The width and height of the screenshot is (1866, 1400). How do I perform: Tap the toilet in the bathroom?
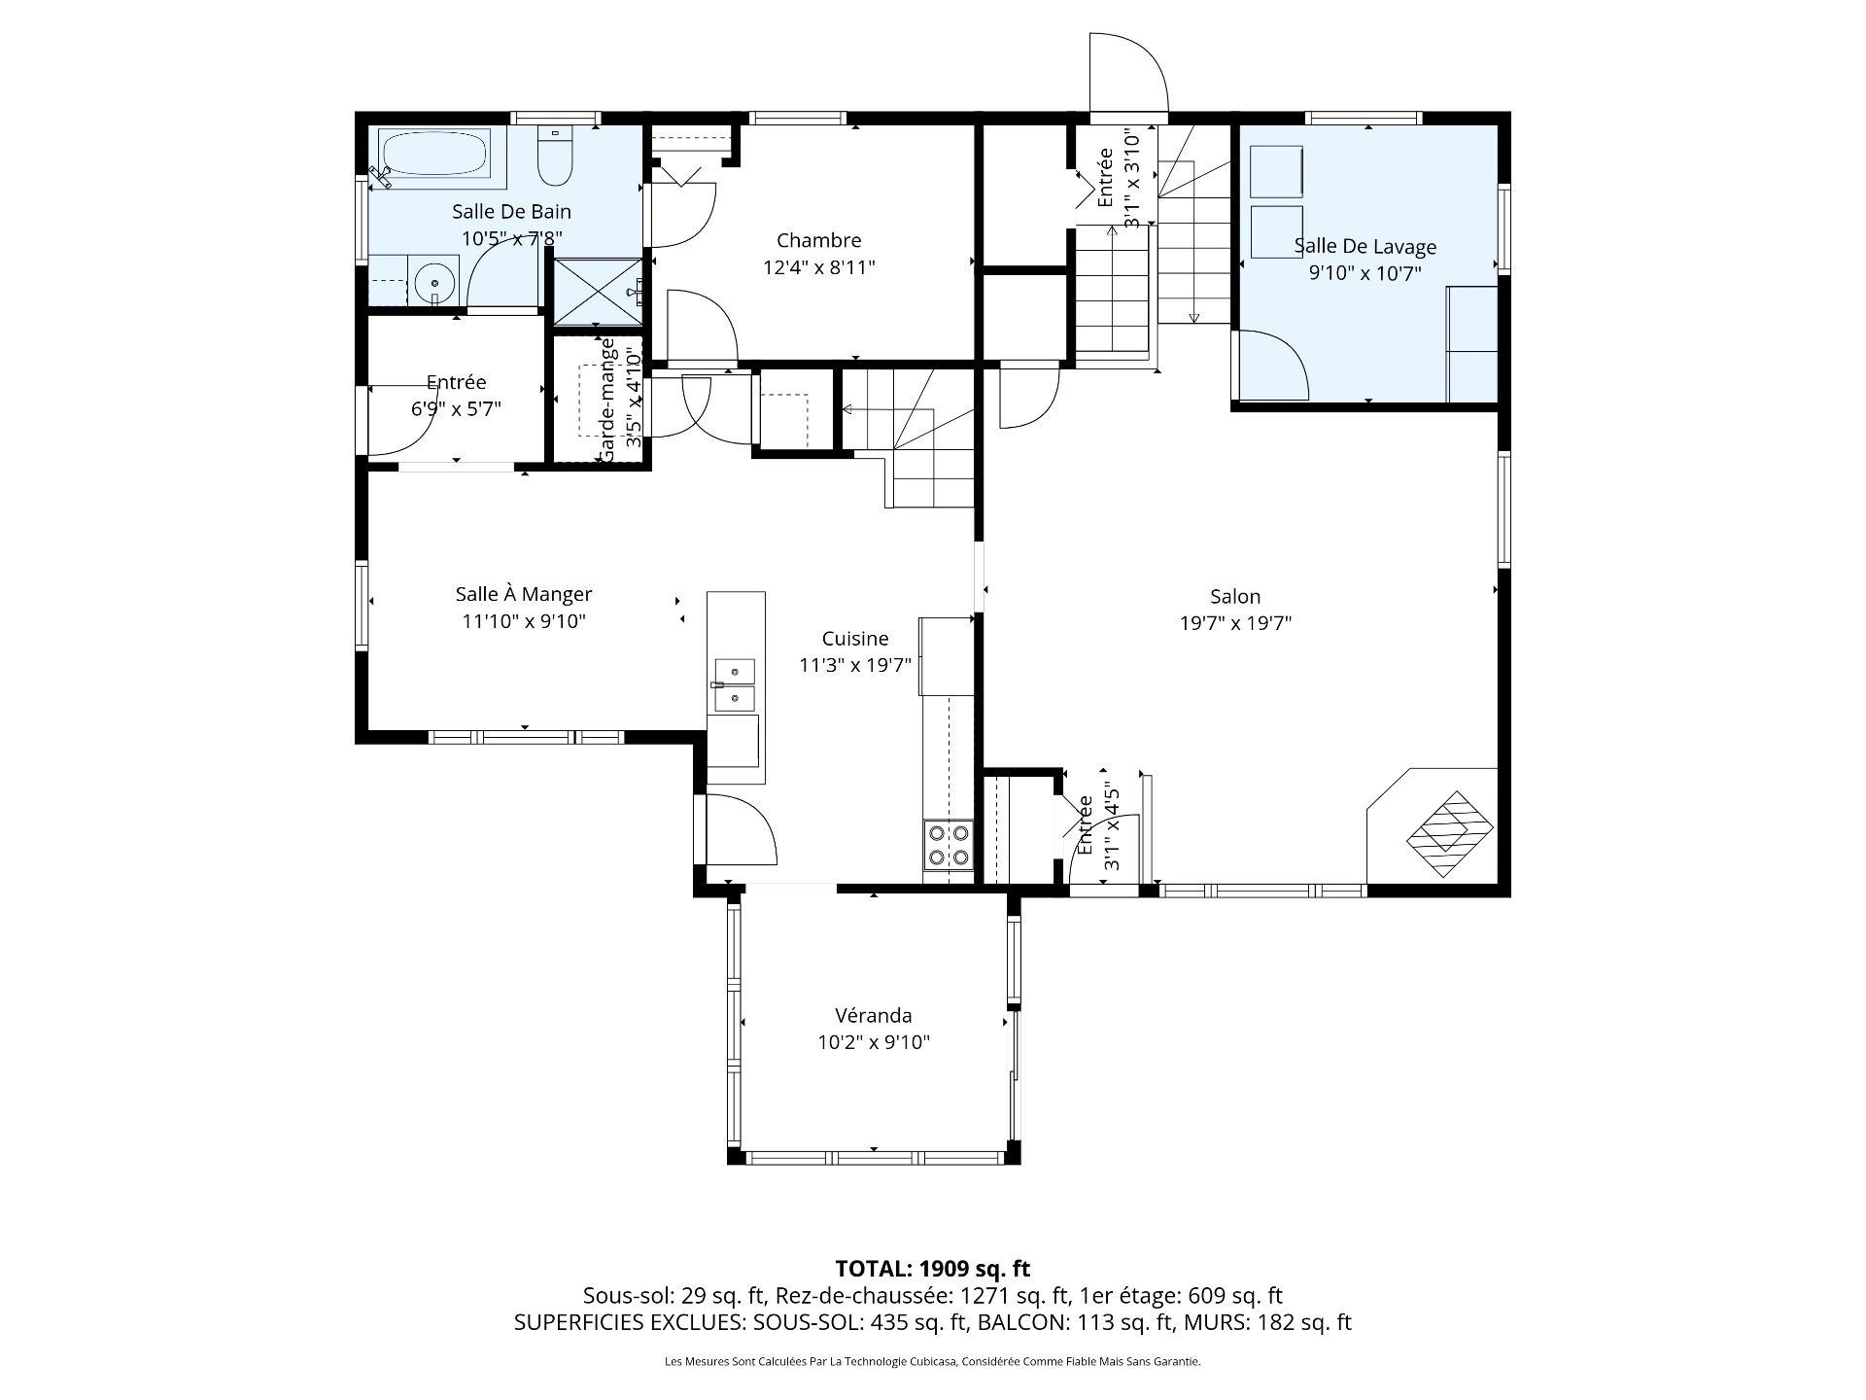pos(555,156)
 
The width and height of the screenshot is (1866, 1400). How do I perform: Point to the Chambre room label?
pos(818,240)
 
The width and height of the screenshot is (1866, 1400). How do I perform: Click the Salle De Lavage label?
pos(1365,247)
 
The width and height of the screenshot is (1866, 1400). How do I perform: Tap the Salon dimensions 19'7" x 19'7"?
pos(1235,623)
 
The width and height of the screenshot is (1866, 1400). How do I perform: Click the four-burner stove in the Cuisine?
pos(947,844)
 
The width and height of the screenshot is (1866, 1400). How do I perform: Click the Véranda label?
pos(873,1015)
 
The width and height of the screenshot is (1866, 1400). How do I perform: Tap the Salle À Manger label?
pos(524,593)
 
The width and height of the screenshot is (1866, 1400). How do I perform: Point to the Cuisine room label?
pos(855,638)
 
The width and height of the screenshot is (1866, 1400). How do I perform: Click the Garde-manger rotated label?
pos(608,401)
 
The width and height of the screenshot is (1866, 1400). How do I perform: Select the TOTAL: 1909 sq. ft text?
pos(933,1268)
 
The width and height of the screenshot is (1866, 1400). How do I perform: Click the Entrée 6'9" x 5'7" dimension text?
pos(456,408)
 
